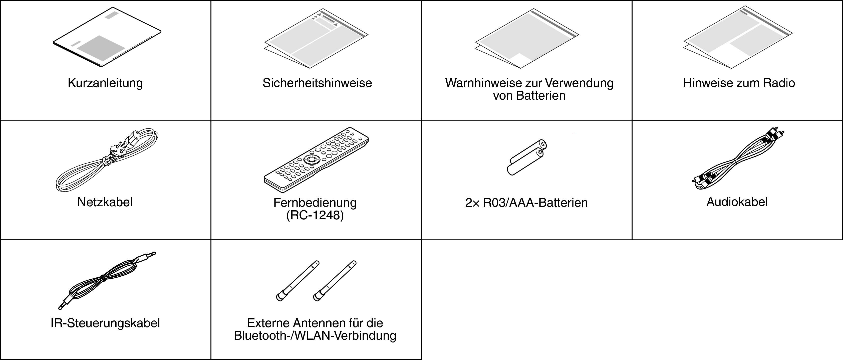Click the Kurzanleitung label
tap(105, 83)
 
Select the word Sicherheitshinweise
tap(317, 83)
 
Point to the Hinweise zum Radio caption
tap(739, 83)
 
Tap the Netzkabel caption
tap(105, 202)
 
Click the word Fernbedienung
tap(315, 203)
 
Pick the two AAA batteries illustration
tap(527, 157)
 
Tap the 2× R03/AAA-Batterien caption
tap(526, 203)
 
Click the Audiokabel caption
tap(737, 202)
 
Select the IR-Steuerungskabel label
tap(105, 323)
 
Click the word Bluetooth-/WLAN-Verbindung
tap(315, 336)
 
